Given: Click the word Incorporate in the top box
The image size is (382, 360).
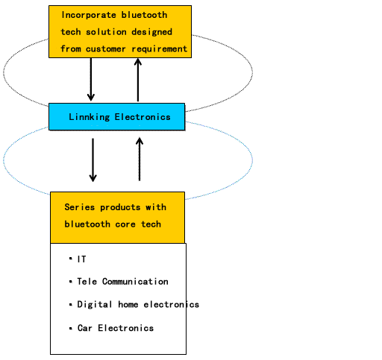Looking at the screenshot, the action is [x=89, y=16].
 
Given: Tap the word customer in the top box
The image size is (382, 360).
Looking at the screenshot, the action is [x=105, y=49].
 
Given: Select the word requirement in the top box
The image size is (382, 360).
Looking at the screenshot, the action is [x=160, y=49].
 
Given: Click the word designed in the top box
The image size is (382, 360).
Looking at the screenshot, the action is [x=151, y=32].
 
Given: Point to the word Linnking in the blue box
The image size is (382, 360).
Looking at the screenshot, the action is [x=89, y=117].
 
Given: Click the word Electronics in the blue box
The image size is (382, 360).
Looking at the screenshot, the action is [x=143, y=117].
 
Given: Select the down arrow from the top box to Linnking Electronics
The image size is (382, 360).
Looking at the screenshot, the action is [x=91, y=80].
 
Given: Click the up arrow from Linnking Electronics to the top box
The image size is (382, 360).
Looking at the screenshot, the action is [x=138, y=80].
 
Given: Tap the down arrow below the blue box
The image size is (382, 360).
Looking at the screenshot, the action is [x=93, y=160].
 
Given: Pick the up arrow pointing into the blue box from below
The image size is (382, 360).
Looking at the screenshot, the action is [x=140, y=159].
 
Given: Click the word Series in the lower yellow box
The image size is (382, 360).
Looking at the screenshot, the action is [x=80, y=207].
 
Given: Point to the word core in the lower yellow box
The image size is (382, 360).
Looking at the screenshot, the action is [x=125, y=224].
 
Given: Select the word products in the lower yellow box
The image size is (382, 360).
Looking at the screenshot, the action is [x=120, y=208].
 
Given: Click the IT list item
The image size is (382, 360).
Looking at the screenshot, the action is [x=81, y=259].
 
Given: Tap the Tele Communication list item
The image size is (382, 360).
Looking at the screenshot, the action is [x=122, y=282].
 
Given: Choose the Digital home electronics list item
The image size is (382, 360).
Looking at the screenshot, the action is [x=138, y=304].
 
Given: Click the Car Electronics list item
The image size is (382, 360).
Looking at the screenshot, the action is [x=116, y=328].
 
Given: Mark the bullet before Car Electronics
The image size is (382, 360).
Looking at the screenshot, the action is [x=71, y=329].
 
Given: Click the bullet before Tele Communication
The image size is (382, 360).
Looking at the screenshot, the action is [x=71, y=282].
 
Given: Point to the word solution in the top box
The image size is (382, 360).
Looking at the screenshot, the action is [x=106, y=32].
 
